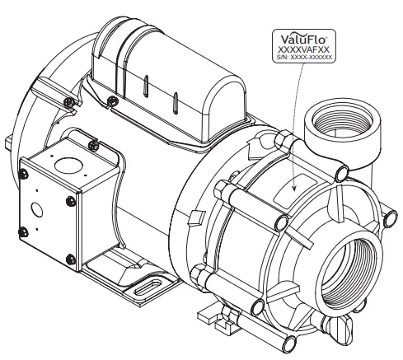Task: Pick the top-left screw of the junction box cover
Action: tap(24, 172)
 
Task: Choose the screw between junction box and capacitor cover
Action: tap(98, 143)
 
